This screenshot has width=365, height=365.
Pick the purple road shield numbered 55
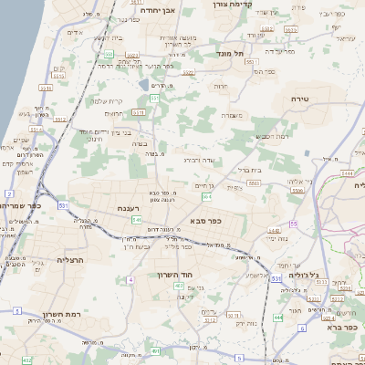[x=293, y=224]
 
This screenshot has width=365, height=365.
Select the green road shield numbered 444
[x=276, y=317]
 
